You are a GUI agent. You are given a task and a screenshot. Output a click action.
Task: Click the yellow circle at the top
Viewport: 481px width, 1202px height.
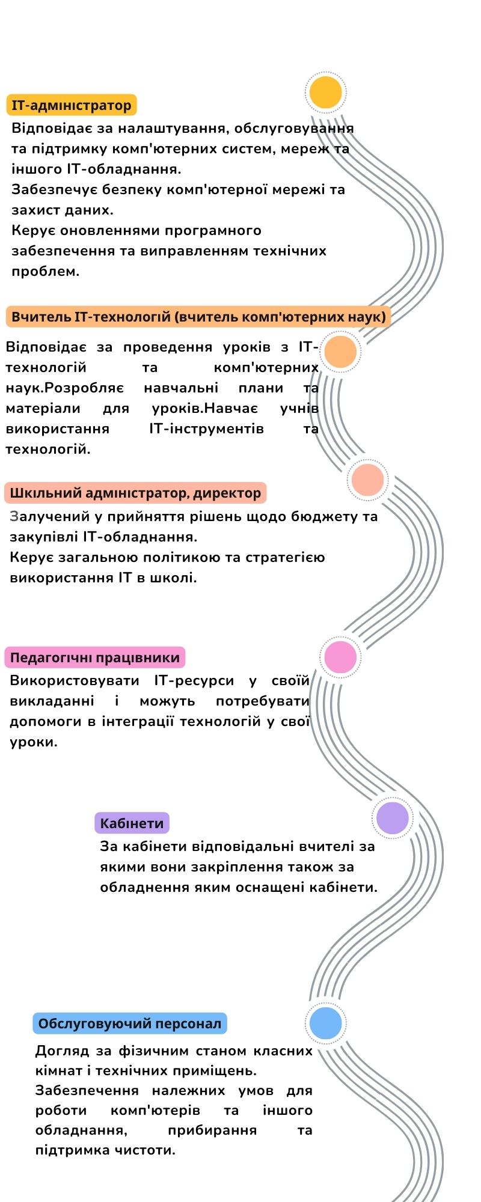(325, 93)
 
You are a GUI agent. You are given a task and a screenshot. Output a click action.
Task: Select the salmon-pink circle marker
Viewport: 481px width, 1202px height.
(367, 480)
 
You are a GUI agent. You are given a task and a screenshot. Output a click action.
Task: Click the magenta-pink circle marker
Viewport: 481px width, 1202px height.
(340, 657)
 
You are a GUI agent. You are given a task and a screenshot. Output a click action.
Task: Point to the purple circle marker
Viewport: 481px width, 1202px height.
(393, 818)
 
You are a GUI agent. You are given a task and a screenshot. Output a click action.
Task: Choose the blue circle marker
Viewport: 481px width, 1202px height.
(325, 1022)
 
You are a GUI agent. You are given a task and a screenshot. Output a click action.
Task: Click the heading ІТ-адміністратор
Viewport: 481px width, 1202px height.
(72, 106)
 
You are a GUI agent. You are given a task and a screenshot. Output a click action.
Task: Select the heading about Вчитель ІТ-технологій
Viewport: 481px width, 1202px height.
(198, 317)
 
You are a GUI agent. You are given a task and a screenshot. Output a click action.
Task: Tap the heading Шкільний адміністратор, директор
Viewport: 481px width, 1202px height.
(135, 493)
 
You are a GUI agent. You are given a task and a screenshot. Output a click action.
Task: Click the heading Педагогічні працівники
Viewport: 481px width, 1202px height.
(95, 657)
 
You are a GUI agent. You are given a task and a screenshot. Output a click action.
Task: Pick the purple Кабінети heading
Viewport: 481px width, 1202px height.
(132, 823)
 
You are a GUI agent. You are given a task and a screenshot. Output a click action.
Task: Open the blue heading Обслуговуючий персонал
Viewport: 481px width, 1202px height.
(130, 1024)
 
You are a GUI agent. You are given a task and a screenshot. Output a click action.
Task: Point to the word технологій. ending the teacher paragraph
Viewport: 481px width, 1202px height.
(48, 449)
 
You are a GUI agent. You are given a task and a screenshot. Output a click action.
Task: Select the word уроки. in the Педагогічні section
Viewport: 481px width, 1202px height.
(34, 742)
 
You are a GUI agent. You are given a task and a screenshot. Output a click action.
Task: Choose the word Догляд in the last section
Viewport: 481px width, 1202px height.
(61, 1051)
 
